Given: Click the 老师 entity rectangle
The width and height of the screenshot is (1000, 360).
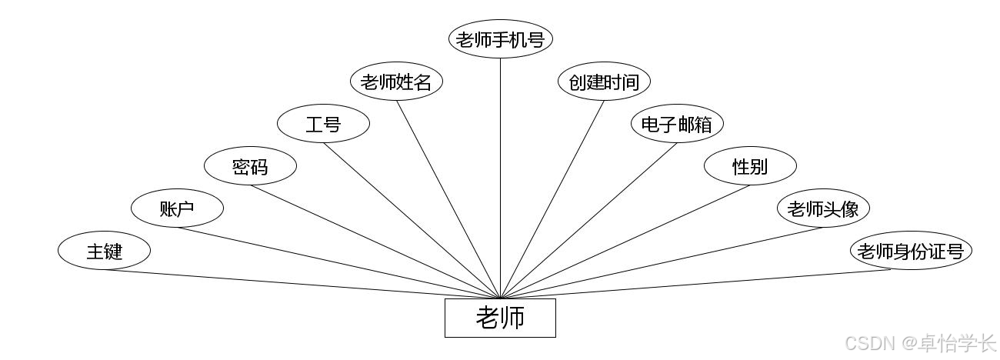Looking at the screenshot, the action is coord(500,318).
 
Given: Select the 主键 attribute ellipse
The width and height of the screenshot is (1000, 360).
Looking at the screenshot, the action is coord(104,251).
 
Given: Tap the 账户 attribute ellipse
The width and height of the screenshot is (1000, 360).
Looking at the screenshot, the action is coord(177,208).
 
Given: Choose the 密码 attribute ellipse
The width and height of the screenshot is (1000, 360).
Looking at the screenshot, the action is coord(251,165).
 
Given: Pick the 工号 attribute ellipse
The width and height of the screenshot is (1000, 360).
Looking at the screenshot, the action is coord(323,124).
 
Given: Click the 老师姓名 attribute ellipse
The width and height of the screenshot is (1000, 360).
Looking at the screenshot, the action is coord(396,82).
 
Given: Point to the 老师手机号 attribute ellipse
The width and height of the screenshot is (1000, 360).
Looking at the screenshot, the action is coord(501,39).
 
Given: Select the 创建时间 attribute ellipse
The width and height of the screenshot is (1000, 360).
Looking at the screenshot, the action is coord(604,82).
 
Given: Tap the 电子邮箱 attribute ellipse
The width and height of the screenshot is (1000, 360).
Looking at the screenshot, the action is coord(677,124).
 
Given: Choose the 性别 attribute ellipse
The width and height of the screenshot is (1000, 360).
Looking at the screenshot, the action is coord(751,165).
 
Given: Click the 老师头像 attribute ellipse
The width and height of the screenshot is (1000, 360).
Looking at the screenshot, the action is coord(823,208).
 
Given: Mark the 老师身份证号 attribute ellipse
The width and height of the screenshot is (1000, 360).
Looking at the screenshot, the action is coord(912,251).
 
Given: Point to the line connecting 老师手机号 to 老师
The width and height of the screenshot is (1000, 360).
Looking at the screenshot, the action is coord(500,178).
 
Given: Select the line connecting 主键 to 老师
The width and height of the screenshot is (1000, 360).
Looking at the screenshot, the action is coord(302,284).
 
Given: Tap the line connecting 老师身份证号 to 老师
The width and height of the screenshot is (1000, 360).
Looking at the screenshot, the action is coord(695,284).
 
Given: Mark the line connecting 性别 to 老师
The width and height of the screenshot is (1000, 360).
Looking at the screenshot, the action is coord(625,242).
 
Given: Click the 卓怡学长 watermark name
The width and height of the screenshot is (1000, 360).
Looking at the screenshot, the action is coord(956,344).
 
